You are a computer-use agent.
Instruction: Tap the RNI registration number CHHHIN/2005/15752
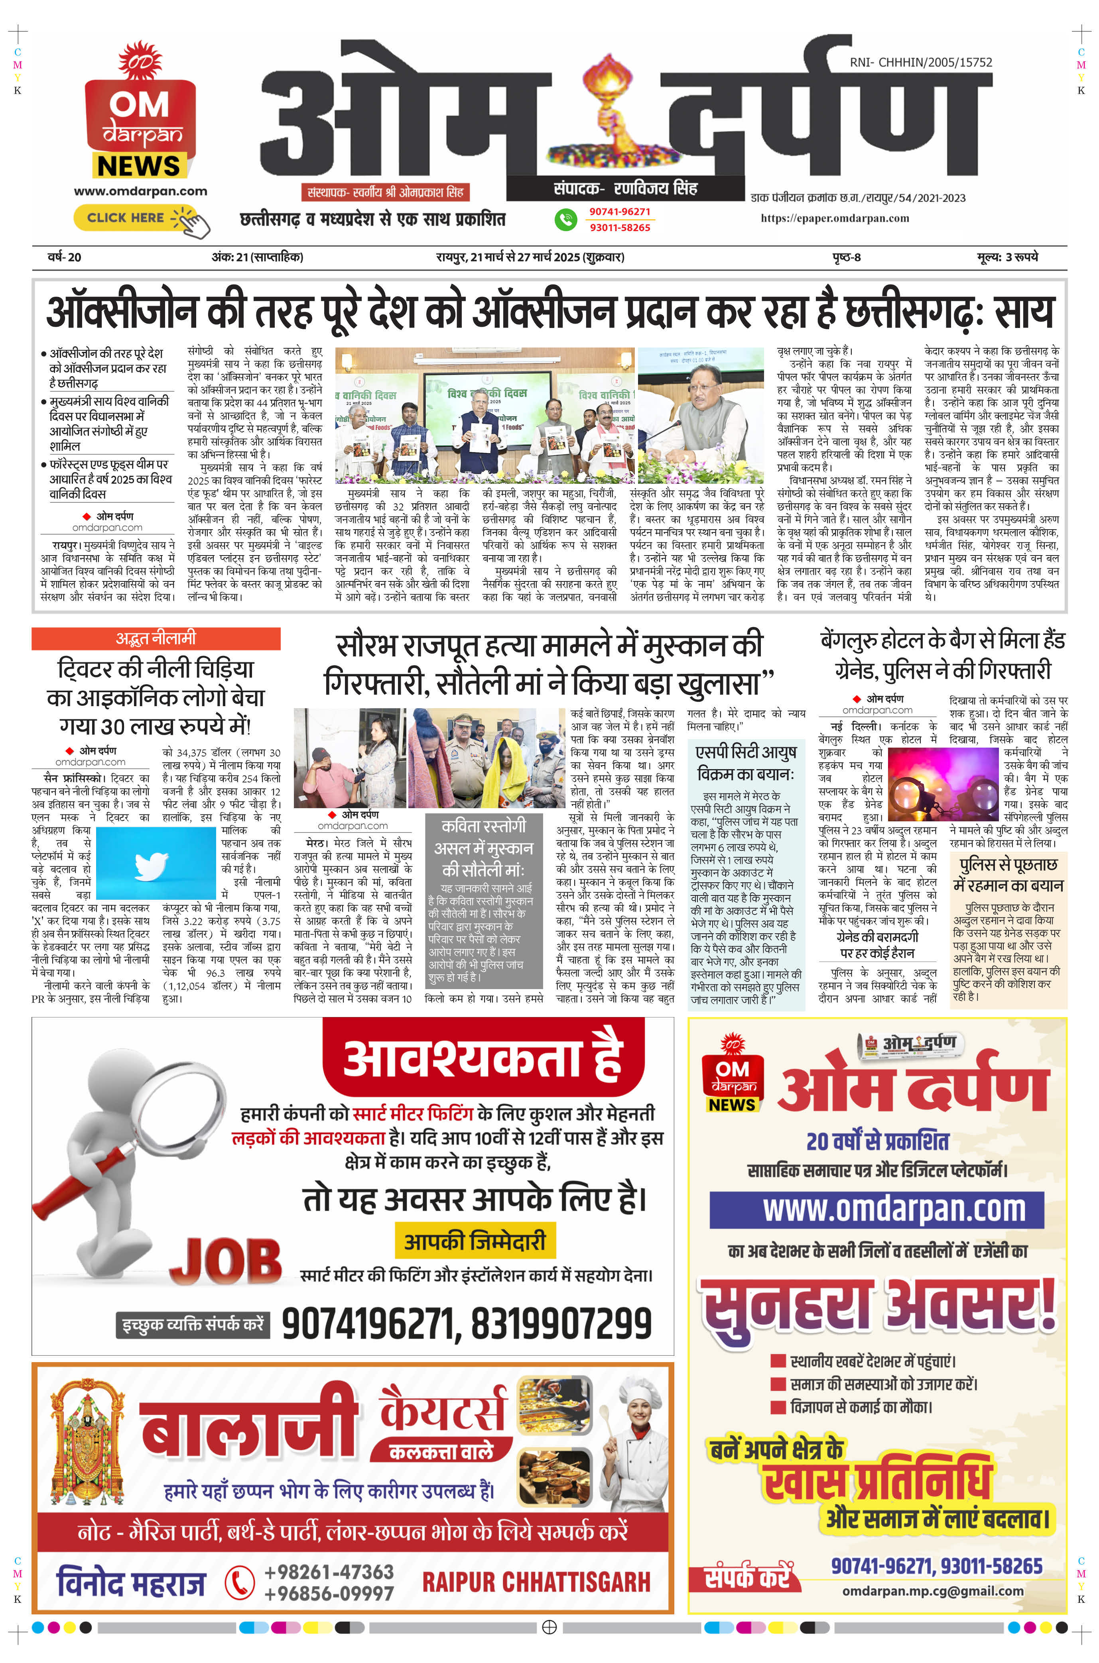coord(920,62)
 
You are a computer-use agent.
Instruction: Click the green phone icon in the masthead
coord(565,219)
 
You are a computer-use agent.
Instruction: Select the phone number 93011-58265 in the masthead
coord(620,228)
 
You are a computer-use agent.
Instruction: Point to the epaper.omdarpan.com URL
coord(835,218)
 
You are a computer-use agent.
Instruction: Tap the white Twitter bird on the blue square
coord(152,865)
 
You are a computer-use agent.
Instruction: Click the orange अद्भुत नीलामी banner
coord(156,638)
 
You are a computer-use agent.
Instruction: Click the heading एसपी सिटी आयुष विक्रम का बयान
coord(746,763)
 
